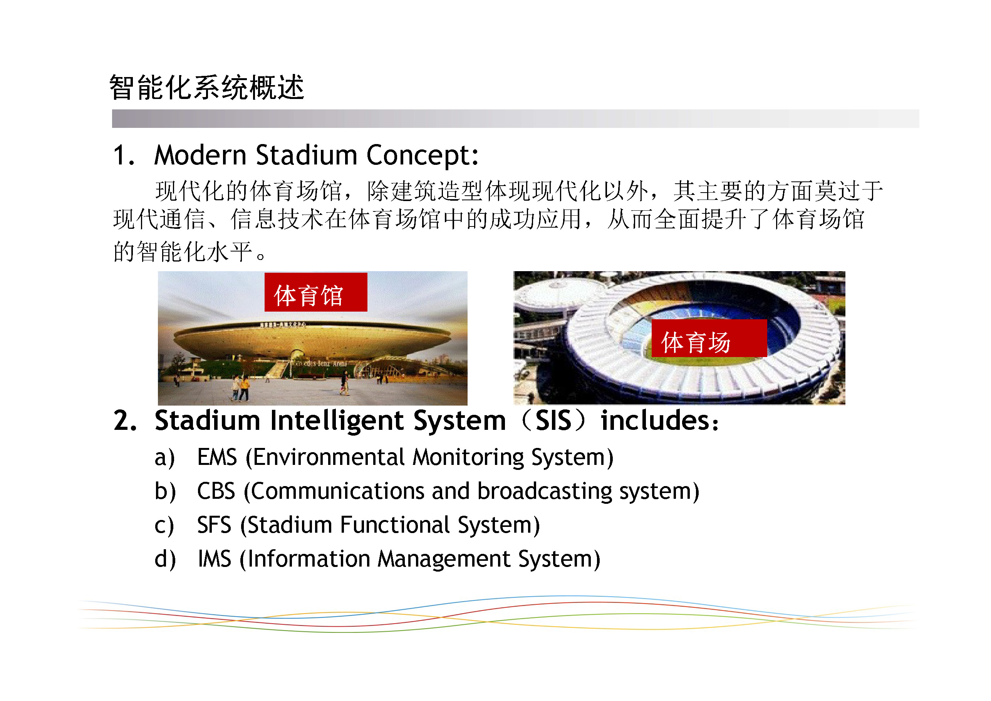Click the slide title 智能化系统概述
[207, 88]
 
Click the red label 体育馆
[315, 292]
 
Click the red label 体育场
[709, 339]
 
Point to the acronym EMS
[217, 457]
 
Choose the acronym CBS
[216, 491]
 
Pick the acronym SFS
[214, 525]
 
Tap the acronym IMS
[215, 558]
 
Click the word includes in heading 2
[655, 421]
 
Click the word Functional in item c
[395, 525]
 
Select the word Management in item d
[444, 559]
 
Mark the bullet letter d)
[165, 559]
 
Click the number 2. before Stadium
[125, 421]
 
